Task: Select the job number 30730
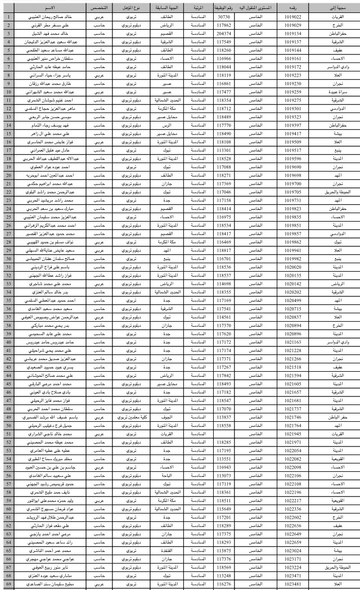(224, 17)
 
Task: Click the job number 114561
(224, 317)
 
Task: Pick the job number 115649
(224, 508)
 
